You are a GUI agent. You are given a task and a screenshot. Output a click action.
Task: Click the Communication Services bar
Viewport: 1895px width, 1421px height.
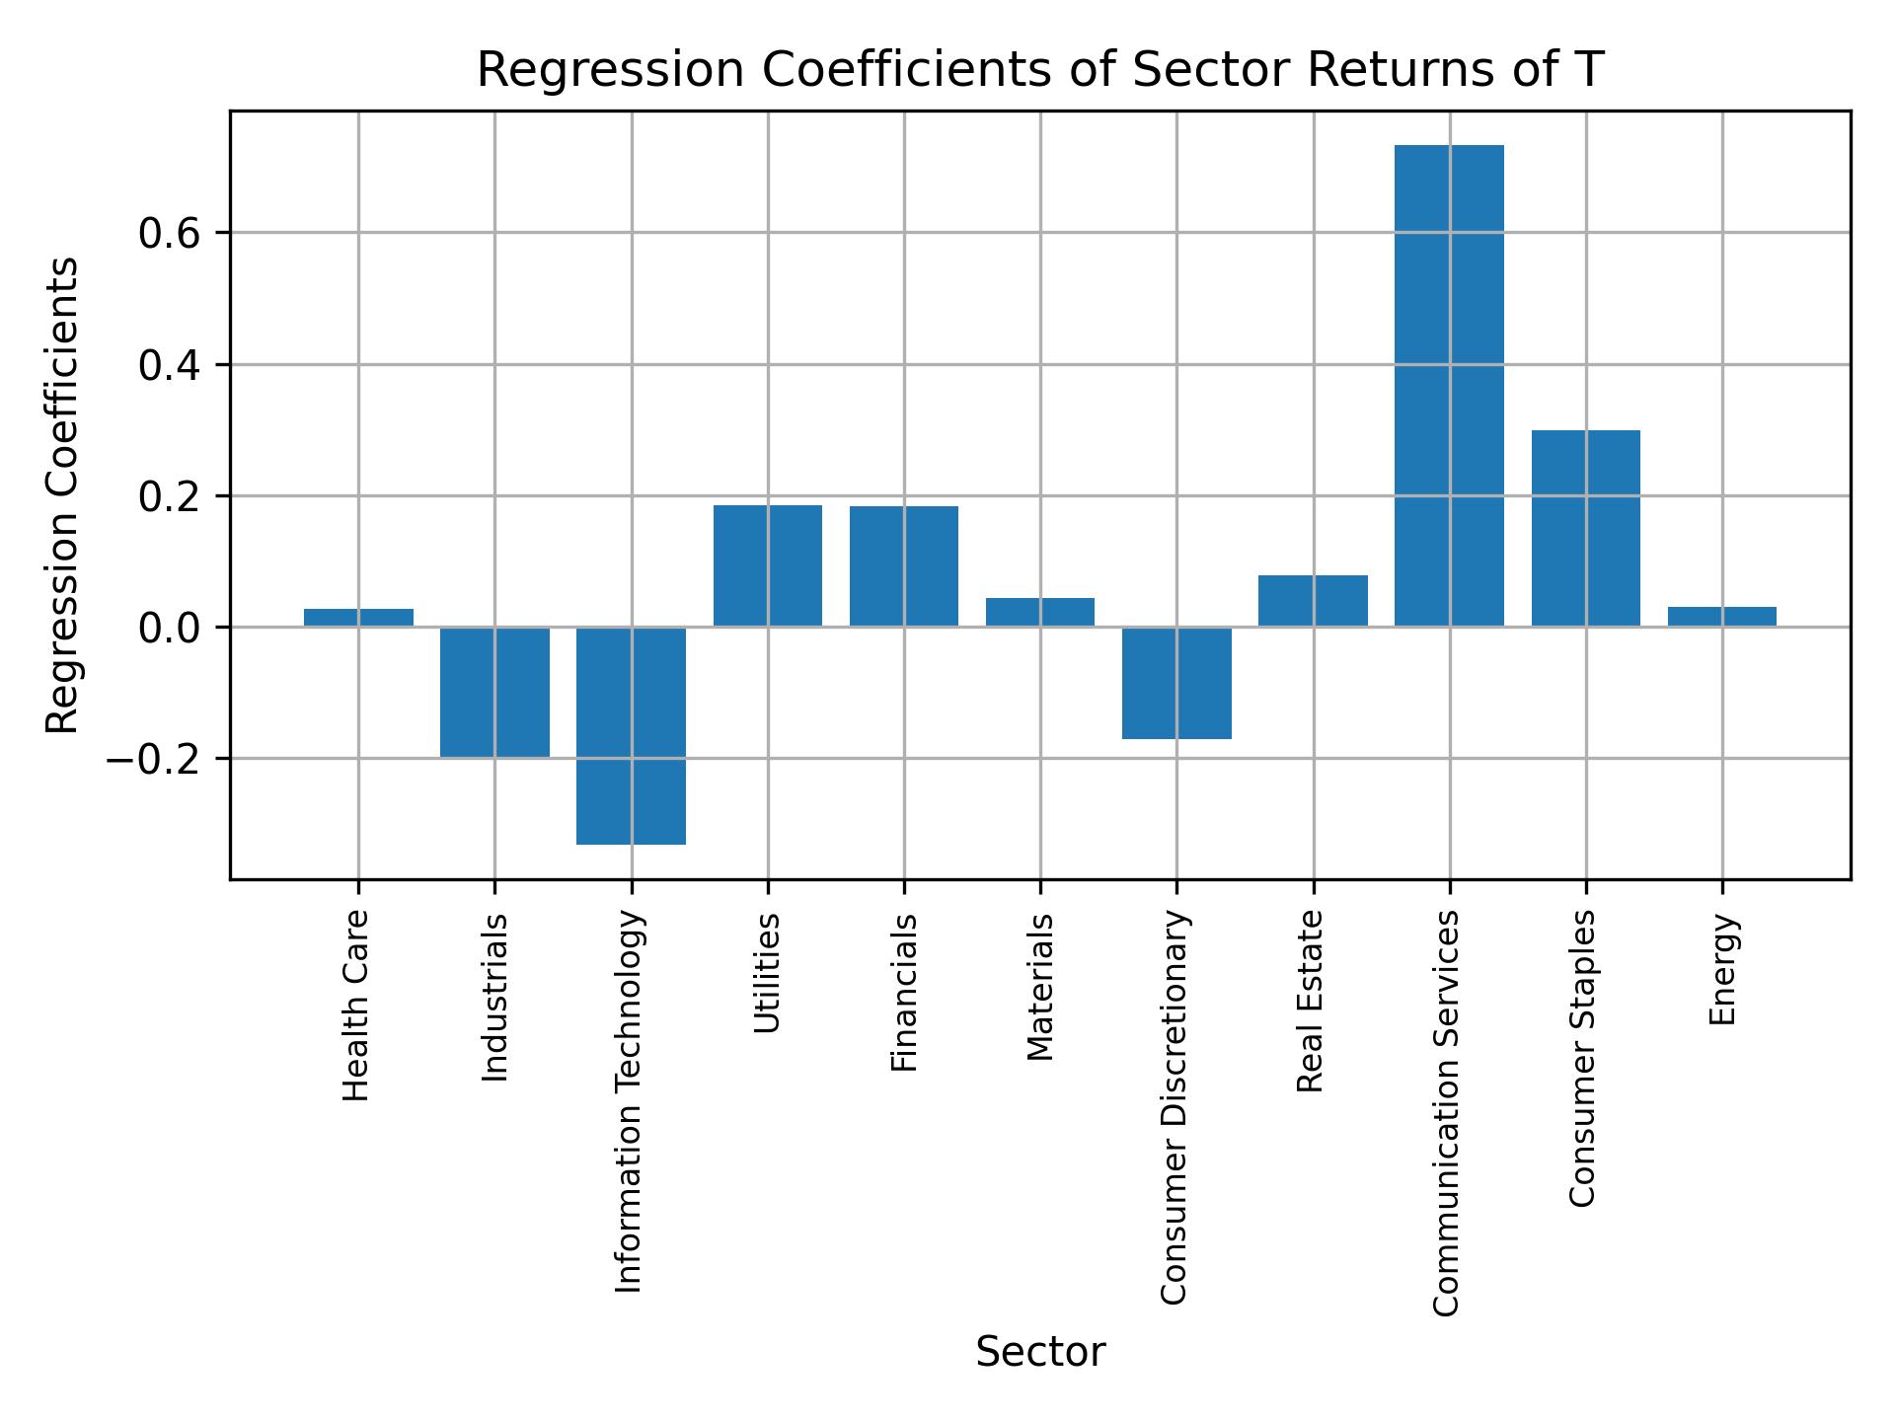click(1448, 386)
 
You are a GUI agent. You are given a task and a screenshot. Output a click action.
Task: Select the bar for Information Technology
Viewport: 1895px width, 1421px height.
click(631, 735)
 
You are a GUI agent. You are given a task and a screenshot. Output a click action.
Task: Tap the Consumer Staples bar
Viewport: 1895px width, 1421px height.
click(1585, 528)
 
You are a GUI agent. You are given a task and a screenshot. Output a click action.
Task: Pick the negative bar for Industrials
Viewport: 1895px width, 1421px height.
click(494, 692)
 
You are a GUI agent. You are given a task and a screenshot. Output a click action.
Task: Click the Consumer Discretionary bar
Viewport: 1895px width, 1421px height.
click(1176, 683)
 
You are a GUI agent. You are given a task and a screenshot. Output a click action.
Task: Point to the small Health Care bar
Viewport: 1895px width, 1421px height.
click(358, 618)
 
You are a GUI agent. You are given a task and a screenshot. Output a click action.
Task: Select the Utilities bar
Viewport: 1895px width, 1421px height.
click(767, 565)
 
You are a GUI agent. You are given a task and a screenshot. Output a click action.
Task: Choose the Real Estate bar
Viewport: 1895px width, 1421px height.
click(1313, 600)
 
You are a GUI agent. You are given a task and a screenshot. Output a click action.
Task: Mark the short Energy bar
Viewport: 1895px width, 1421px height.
click(1721, 617)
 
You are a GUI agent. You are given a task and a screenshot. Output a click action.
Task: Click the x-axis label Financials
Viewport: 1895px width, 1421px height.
click(904, 992)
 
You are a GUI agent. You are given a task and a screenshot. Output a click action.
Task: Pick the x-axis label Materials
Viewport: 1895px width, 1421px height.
click(1040, 987)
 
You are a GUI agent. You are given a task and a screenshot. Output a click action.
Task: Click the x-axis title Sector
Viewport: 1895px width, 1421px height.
click(1039, 1352)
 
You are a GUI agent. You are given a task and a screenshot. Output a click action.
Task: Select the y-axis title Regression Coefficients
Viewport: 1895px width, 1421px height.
click(62, 495)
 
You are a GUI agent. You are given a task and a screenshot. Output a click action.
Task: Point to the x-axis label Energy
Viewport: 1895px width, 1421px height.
click(1721, 969)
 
